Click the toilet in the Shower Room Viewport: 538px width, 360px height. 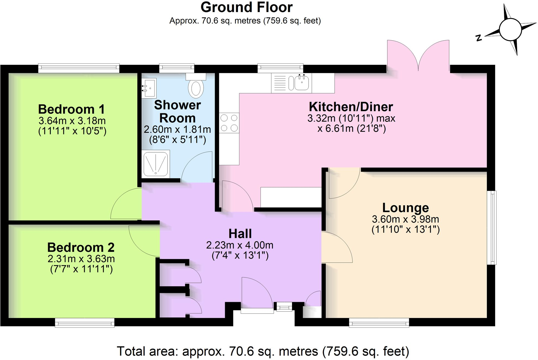(196, 86)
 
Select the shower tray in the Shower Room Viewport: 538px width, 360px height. (156, 164)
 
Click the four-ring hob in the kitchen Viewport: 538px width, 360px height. (229, 123)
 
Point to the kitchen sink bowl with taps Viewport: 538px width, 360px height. (302, 82)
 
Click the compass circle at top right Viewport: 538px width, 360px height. (510, 30)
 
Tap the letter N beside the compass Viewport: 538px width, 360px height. (479, 38)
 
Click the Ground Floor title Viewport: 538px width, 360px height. (246, 7)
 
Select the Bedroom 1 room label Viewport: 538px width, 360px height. (71, 109)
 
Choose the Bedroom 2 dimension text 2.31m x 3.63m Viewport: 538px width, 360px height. (81, 258)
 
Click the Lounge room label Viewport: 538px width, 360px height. (405, 208)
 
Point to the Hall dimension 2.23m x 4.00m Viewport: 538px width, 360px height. (240, 245)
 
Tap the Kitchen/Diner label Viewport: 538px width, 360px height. (351, 107)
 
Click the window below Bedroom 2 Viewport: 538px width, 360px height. (85, 323)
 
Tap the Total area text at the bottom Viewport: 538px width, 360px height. (263, 351)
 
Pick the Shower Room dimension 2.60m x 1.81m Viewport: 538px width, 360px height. (177, 130)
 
